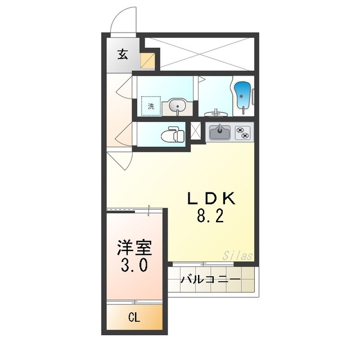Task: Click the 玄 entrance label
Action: pos(122,55)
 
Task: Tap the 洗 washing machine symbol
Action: pos(151,106)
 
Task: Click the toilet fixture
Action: pos(172,136)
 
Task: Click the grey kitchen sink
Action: pos(220,133)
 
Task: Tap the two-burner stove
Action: pos(243,133)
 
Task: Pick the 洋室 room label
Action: pos(135,247)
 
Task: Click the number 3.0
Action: pos(135,265)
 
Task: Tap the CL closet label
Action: pos(134,318)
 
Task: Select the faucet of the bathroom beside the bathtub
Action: pos(217,111)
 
